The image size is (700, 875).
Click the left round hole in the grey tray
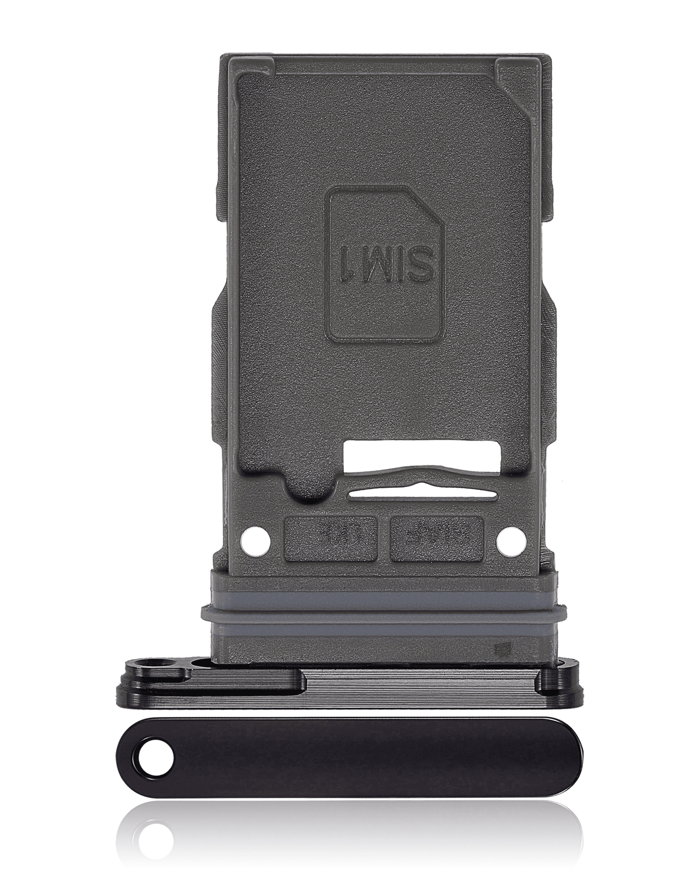point(255,541)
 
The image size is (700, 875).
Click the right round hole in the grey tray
point(511,541)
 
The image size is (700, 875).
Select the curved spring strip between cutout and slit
point(422,479)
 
